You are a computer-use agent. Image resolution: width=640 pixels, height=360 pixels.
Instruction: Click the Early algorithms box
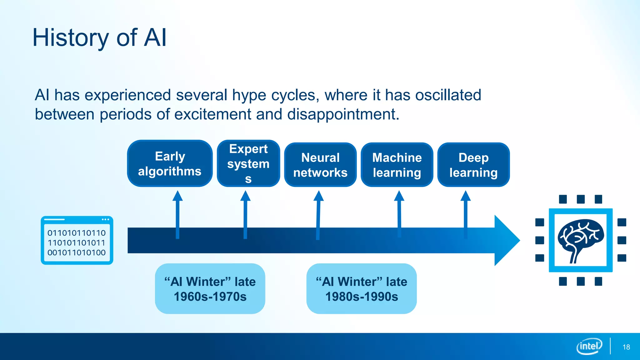[170, 163]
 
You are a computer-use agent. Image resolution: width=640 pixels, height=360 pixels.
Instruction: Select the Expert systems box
[248, 163]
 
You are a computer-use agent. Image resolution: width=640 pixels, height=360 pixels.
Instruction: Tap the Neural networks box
[320, 165]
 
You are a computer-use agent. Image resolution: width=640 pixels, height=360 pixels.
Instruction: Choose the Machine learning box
[397, 165]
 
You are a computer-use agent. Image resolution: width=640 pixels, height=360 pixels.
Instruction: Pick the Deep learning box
[473, 165]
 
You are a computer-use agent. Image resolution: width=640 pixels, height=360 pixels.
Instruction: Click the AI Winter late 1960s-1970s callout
[210, 289]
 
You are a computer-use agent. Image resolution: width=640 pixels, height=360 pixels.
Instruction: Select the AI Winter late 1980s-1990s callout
[362, 289]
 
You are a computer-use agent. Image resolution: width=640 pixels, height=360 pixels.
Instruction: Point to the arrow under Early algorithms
[177, 212]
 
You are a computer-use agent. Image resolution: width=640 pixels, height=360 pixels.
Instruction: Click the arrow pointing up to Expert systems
[245, 212]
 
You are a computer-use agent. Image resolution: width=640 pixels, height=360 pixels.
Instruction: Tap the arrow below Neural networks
[318, 212]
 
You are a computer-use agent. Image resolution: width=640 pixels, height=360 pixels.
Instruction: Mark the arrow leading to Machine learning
[399, 212]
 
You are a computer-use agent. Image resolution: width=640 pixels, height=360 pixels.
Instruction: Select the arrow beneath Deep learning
[466, 212]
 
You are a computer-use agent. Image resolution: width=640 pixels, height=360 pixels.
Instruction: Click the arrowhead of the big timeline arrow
[506, 240]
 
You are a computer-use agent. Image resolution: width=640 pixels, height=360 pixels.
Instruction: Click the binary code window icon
[77, 240]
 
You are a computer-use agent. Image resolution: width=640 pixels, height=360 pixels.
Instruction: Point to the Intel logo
[589, 346]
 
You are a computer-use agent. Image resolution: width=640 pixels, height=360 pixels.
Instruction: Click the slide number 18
[626, 347]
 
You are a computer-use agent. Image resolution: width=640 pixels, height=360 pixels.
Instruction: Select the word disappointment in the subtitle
[343, 114]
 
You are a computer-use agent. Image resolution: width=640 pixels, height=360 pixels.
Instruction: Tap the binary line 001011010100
[77, 252]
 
